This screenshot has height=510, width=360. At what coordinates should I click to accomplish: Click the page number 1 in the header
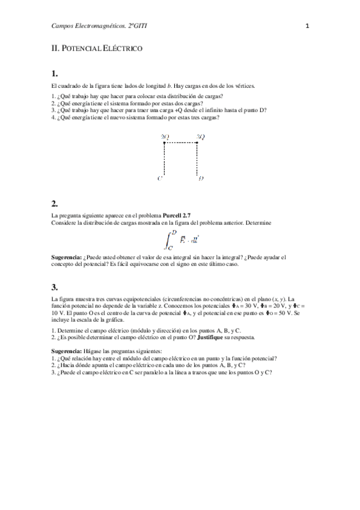(307, 26)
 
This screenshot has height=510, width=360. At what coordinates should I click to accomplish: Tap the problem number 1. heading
(55, 74)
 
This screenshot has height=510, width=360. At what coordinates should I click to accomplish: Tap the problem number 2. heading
(55, 203)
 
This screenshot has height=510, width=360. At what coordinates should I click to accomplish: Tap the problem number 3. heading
(55, 286)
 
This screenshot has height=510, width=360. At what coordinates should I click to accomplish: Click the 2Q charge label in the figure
(165, 137)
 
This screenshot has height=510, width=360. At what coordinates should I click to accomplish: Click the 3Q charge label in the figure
(201, 137)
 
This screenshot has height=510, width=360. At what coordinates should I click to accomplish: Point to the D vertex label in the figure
(201, 179)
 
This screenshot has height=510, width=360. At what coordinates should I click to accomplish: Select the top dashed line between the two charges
(181, 143)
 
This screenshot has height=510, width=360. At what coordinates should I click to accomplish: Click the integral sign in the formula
(168, 239)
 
